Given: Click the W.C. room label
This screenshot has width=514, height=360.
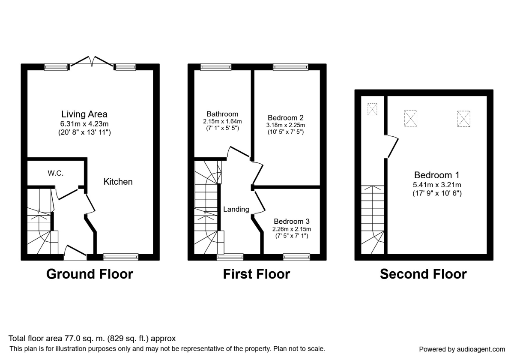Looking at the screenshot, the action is tap(56, 173).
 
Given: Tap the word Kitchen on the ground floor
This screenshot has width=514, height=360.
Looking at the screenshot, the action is tap(118, 182).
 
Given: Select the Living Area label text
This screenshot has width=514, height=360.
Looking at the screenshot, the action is tap(84, 114).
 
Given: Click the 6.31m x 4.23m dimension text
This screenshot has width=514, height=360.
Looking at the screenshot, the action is tap(84, 124).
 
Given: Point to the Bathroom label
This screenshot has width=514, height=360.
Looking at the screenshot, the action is tap(222, 114).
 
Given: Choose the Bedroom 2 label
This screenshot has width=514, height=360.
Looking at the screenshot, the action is tap(285, 117).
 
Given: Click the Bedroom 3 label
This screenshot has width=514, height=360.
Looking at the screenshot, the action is tap(291, 221).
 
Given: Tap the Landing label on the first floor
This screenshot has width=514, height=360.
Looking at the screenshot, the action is tap(236, 209).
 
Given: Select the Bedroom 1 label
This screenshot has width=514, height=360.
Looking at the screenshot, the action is tap(436, 175).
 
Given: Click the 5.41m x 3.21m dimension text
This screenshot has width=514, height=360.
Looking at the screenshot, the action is tap(436, 185).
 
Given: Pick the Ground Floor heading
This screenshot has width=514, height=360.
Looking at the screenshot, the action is tap(90, 274).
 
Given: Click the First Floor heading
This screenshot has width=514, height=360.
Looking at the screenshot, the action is tap(257, 274).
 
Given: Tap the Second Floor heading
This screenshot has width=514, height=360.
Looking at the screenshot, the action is tap(423, 274).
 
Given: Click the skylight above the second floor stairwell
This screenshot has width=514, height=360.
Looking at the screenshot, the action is tap(372, 109).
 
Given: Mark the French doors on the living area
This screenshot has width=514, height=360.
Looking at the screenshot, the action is tap(92, 62).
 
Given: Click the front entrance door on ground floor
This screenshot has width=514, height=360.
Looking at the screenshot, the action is tap(75, 253).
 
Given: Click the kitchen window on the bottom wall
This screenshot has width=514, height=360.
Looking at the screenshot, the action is tap(121, 257).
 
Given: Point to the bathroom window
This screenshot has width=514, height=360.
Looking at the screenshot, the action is tap(216, 67).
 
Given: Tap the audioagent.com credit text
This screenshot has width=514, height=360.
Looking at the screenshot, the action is tap(462, 349).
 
